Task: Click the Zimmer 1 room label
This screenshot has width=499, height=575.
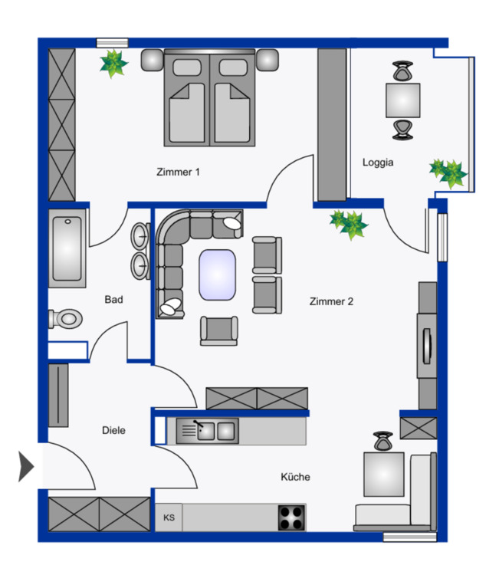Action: pyautogui.click(x=177, y=172)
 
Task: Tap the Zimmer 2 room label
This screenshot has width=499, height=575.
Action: pyautogui.click(x=331, y=301)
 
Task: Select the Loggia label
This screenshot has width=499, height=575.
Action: pyautogui.click(x=378, y=162)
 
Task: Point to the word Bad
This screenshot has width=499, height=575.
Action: pyautogui.click(x=113, y=300)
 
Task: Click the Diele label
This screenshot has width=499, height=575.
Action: pyautogui.click(x=113, y=430)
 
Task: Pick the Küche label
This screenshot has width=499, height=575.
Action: pyautogui.click(x=295, y=477)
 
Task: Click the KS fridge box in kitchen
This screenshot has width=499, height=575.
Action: pyautogui.click(x=169, y=517)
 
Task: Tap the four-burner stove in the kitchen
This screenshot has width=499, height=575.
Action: pyautogui.click(x=291, y=518)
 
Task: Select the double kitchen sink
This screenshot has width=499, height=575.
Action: pyautogui.click(x=207, y=431)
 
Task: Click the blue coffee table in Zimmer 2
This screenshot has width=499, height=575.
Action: pyautogui.click(x=218, y=274)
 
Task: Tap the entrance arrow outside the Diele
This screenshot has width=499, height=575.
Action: pyautogui.click(x=25, y=466)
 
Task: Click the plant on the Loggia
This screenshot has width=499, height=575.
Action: pyautogui.click(x=448, y=172)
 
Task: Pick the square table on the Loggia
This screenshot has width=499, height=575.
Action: pyautogui.click(x=403, y=100)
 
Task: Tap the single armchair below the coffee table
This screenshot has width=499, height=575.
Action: pyautogui.click(x=218, y=330)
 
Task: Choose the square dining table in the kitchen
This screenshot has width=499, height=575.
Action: pyautogui.click(x=382, y=475)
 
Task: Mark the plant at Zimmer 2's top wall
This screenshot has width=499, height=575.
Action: pyautogui.click(x=349, y=223)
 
